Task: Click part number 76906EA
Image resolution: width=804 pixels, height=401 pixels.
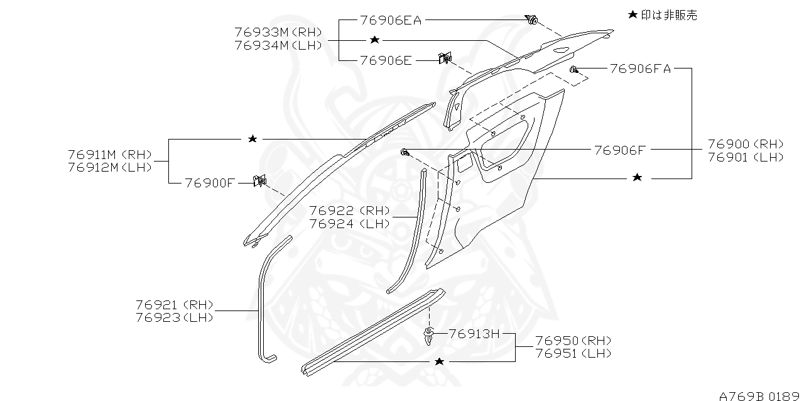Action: click(x=391, y=20)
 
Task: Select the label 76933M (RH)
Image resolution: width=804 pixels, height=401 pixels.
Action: click(x=278, y=32)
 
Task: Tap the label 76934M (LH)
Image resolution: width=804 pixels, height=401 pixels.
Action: click(x=278, y=45)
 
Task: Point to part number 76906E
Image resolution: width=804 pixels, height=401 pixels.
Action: click(x=386, y=60)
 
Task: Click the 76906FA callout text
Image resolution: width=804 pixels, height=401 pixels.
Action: click(x=640, y=69)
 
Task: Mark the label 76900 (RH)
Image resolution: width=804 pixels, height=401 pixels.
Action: click(x=746, y=144)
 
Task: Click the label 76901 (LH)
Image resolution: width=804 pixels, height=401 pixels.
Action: click(x=746, y=157)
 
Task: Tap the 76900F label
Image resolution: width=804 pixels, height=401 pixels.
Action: click(x=210, y=183)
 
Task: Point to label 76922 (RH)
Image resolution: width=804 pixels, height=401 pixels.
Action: click(x=350, y=210)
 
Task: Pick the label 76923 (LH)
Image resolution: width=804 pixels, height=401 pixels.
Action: click(x=175, y=318)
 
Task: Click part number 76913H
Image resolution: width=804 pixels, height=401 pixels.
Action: click(x=474, y=334)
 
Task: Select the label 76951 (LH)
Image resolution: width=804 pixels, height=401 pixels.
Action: click(x=573, y=354)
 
